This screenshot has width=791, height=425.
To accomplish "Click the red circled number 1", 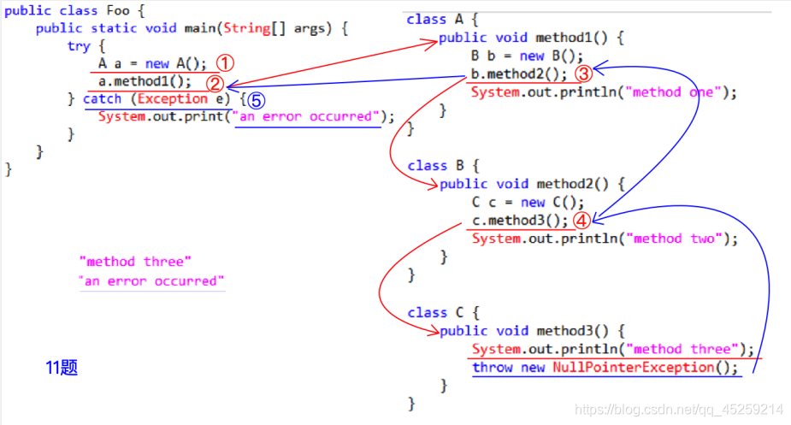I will click(224, 63).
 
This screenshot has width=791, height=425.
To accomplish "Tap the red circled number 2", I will click(215, 83).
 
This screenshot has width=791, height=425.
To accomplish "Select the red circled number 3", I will click(582, 74).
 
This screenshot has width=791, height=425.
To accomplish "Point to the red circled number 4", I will click(581, 220).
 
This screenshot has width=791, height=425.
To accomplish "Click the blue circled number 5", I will click(255, 100).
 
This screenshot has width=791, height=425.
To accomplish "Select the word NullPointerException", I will click(633, 368).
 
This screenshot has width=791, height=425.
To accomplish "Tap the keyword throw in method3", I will click(492, 368).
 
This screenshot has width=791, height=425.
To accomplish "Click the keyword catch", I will click(102, 99).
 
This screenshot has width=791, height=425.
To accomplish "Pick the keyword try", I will click(79, 46).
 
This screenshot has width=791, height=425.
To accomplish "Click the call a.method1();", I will click(145, 82).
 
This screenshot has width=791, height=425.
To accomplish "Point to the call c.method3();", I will click(519, 221).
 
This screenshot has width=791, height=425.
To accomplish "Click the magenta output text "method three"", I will click(135, 262).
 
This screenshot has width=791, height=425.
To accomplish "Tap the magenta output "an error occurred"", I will click(151, 281).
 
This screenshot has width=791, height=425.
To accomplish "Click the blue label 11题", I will click(62, 368).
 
